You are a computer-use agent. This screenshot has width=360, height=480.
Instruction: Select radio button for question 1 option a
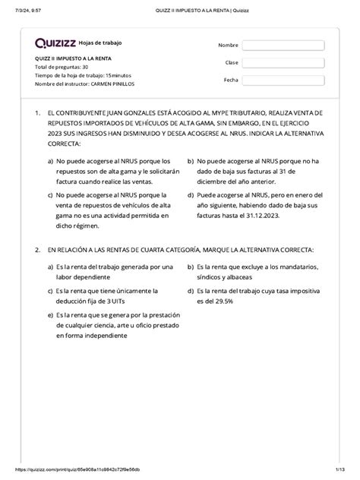(x=49, y=161)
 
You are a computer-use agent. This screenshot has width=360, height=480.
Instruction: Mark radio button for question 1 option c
(x=49, y=194)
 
